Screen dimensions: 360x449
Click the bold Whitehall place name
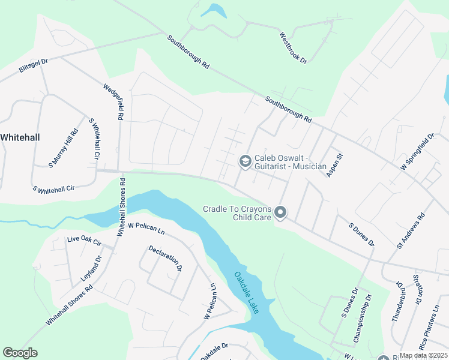20,137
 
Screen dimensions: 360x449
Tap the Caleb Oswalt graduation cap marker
245,161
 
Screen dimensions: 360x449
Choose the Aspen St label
334,164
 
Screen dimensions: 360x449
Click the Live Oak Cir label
85,242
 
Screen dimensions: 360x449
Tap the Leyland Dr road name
91,269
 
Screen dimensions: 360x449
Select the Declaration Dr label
165,259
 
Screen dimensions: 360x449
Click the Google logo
20,353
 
